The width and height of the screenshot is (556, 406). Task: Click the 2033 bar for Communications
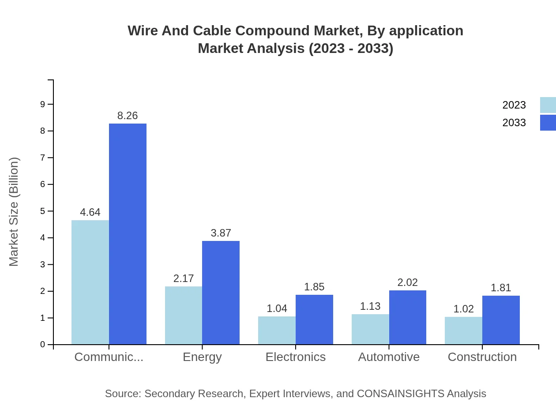(x=128, y=234)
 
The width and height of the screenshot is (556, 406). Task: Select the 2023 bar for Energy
(x=184, y=316)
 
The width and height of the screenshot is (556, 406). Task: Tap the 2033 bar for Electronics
(x=314, y=320)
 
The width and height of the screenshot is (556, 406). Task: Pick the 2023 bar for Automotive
(x=370, y=329)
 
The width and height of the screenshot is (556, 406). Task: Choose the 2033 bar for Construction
(x=501, y=320)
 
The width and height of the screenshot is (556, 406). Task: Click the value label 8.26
(x=128, y=116)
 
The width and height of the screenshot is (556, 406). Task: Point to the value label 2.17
(x=184, y=278)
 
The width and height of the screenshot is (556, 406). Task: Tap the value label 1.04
(x=277, y=308)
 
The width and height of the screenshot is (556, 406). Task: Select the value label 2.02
(x=407, y=282)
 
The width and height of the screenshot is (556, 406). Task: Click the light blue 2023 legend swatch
(x=548, y=105)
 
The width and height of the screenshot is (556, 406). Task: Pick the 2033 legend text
(x=514, y=123)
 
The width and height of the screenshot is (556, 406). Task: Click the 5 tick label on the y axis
(x=43, y=211)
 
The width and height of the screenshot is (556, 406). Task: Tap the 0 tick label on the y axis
(x=43, y=345)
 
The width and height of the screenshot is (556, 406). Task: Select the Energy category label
(x=202, y=357)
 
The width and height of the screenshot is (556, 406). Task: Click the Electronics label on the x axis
(x=295, y=357)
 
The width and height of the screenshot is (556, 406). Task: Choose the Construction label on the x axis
(x=482, y=357)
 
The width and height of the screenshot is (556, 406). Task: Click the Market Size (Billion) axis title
(x=14, y=212)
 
